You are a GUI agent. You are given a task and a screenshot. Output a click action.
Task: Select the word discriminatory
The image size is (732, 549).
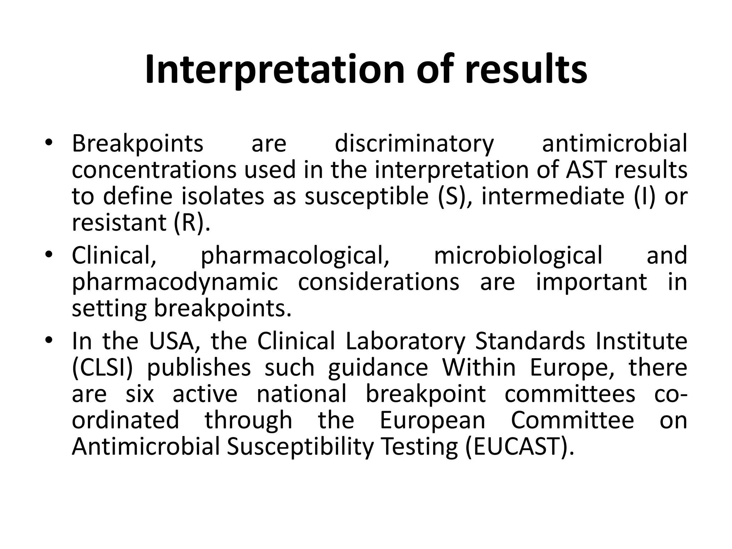click(414, 144)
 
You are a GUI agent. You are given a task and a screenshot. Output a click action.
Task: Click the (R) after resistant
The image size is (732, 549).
click(190, 223)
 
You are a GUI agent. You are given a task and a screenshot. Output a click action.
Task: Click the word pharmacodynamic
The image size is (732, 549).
click(175, 282)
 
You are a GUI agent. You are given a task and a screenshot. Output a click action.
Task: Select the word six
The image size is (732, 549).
click(140, 394)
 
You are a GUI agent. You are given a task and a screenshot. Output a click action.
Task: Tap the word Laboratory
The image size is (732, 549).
click(405, 341)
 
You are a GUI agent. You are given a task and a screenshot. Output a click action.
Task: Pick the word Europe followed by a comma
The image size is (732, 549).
click(572, 368)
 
